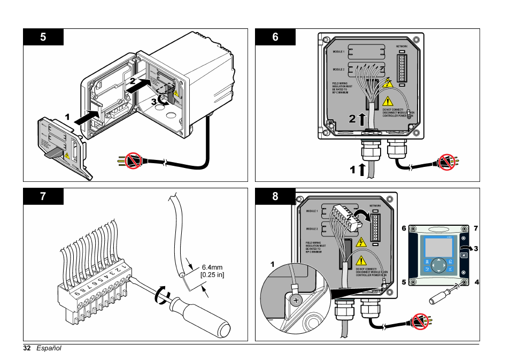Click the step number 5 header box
click(43, 37)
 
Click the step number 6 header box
click(275, 37)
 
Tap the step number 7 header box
click(43, 196)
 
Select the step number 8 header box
click(275, 196)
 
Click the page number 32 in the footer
click(27, 348)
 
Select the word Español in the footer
click(49, 348)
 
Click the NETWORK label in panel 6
click(401, 47)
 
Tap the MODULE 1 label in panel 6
click(339, 51)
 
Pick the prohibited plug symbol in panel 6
click(445, 161)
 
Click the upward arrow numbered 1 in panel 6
click(362, 170)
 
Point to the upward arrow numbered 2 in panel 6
click(362, 119)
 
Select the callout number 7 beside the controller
click(475, 228)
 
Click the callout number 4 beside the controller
click(476, 281)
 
